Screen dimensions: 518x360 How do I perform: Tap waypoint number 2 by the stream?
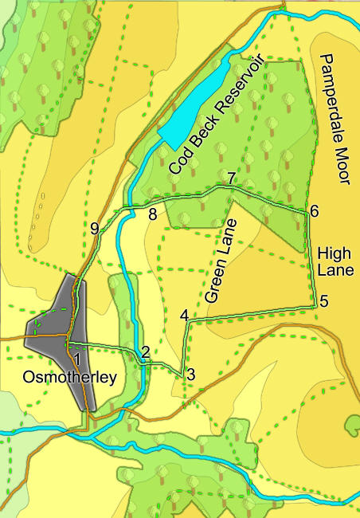tap(145, 351)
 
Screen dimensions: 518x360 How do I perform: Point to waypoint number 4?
tap(184, 315)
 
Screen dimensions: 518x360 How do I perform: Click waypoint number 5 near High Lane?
tap(324, 301)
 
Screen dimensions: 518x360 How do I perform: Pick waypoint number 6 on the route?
tap(315, 211)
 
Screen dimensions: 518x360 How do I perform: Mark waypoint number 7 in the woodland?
tap(230, 179)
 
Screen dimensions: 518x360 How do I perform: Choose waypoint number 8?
tap(152, 213)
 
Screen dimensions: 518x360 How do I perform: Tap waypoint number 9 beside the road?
tap(95, 229)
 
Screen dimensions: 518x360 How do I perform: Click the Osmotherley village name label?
tap(70, 377)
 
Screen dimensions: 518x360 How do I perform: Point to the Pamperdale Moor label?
tap(334, 120)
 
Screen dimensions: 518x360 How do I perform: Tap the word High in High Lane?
tap(335, 253)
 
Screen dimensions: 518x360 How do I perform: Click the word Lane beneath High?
tap(335, 271)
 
